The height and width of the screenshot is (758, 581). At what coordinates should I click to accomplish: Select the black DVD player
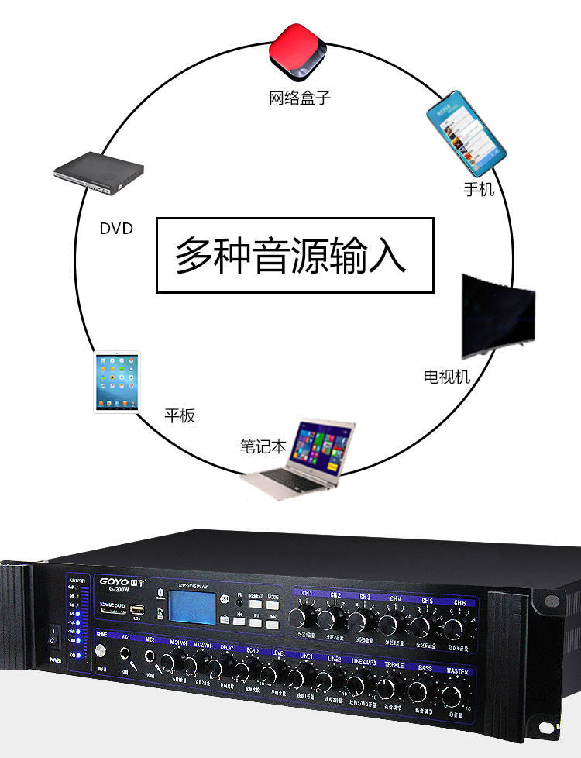98,175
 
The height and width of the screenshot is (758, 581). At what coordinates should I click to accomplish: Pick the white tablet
117,382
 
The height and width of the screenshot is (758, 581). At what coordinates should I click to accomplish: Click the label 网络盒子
300,98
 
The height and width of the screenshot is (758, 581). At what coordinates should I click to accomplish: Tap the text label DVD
116,229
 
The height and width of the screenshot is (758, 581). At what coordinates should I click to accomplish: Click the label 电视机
447,377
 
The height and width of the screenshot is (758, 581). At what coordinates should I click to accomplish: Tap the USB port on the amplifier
138,608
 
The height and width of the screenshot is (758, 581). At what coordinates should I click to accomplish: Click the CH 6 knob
453,626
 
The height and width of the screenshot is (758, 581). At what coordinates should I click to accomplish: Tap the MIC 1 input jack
124,655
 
